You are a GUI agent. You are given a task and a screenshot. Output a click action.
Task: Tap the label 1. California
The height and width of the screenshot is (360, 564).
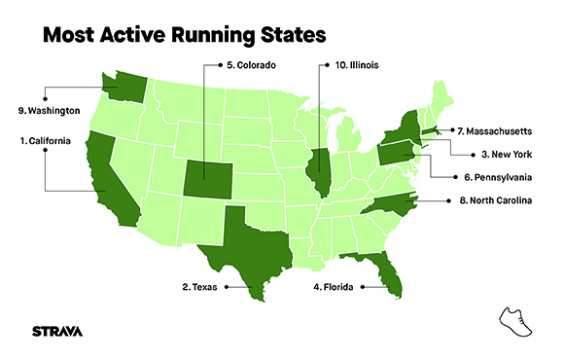point(46,141)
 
